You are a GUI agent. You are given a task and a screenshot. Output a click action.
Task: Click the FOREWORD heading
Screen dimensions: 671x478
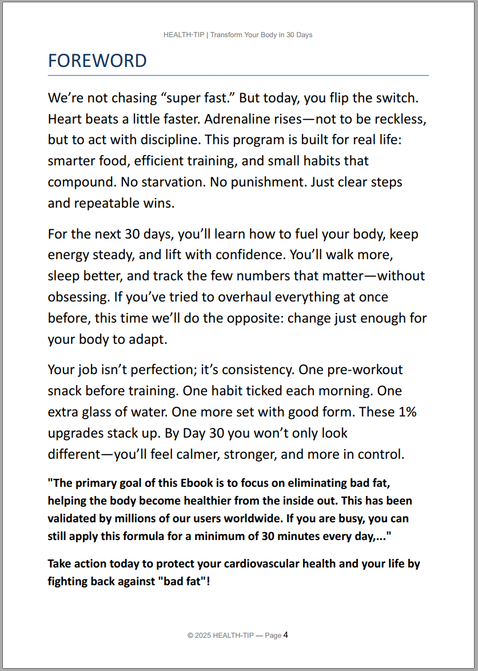click(x=97, y=61)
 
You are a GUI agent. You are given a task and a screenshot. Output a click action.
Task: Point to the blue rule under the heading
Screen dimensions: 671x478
click(x=238, y=75)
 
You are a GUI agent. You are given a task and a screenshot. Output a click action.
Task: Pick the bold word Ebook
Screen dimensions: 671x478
click(x=197, y=483)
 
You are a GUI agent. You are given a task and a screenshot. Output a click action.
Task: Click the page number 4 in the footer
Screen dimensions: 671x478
click(x=285, y=635)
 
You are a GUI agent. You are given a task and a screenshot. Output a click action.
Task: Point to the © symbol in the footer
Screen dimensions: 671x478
click(x=190, y=636)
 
